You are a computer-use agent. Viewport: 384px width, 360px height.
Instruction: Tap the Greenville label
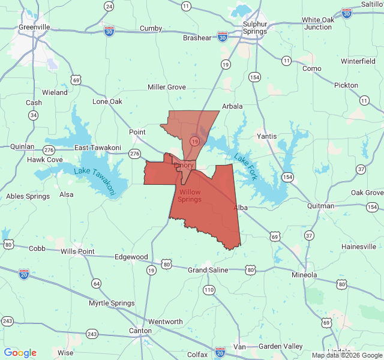click(x=34, y=27)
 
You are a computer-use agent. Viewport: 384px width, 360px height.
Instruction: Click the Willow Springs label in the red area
click(x=190, y=195)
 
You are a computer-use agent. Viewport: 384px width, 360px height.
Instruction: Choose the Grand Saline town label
click(x=208, y=270)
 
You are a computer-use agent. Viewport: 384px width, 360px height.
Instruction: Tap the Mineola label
click(x=304, y=275)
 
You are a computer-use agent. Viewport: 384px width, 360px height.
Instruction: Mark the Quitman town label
click(x=320, y=206)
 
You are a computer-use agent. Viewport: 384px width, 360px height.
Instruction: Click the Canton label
click(x=140, y=331)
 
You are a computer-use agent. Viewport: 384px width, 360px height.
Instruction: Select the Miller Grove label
click(x=167, y=87)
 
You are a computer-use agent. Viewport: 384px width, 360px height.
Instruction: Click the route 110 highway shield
click(x=209, y=290)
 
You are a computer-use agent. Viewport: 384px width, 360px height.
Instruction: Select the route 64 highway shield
click(x=96, y=283)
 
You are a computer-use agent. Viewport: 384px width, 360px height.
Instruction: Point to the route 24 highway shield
click(x=109, y=6)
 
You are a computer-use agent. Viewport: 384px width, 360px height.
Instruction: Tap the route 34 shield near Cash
click(x=34, y=115)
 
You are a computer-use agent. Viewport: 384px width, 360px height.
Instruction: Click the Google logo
click(x=20, y=353)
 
